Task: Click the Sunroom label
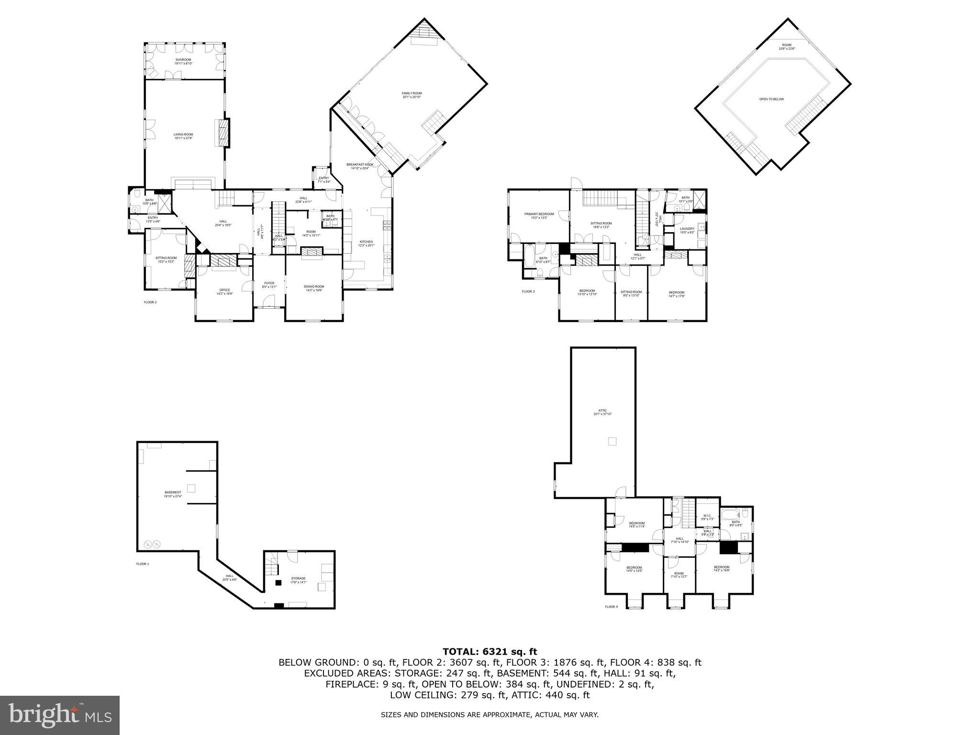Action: (x=183, y=60)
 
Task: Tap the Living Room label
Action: (x=183, y=134)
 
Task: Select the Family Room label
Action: (x=412, y=93)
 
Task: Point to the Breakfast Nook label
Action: (x=360, y=165)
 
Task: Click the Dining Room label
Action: (x=314, y=287)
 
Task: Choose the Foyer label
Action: (x=269, y=283)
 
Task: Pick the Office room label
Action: (x=224, y=290)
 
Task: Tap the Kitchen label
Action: (x=366, y=242)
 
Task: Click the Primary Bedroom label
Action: (x=539, y=214)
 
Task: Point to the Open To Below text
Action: (x=771, y=99)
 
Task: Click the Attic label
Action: (x=602, y=411)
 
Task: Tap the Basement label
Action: (x=173, y=492)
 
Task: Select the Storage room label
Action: (x=298, y=579)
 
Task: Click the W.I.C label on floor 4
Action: (x=707, y=515)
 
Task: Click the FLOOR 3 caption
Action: (x=528, y=291)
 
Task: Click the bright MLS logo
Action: (x=60, y=715)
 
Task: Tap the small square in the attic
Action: (x=612, y=441)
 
